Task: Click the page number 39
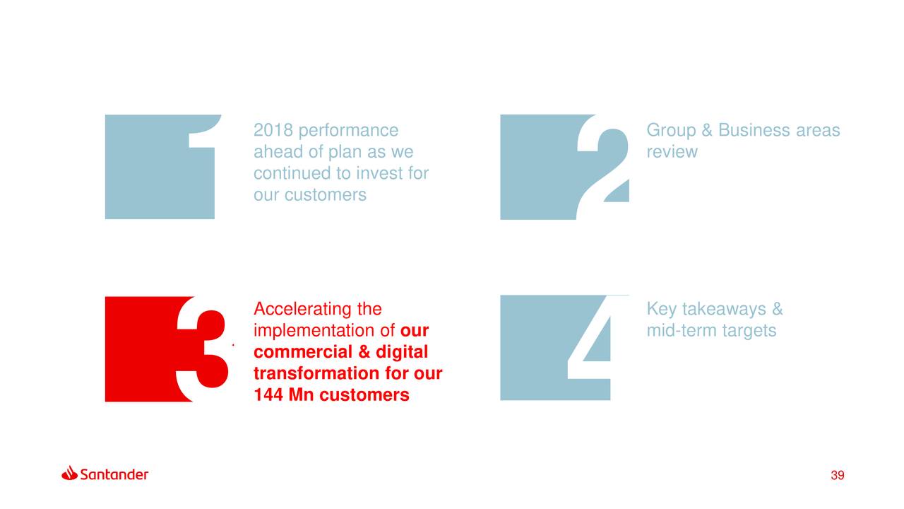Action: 838,475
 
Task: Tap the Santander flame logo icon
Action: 70,473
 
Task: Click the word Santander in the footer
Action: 114,474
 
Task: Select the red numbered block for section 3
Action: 166,349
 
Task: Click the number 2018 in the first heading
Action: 273,130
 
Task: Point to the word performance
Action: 348,131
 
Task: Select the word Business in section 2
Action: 754,130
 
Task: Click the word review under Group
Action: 672,152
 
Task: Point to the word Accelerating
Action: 303,310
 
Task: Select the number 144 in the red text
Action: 268,394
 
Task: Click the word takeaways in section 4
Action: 725,310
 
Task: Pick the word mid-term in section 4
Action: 682,330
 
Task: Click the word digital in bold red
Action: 402,352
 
